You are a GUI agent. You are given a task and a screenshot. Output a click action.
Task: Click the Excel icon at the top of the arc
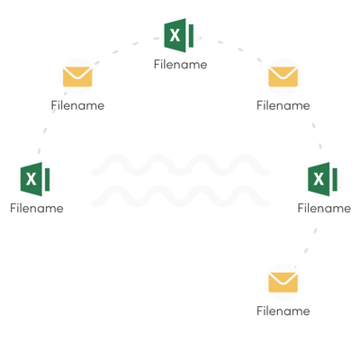(179, 35)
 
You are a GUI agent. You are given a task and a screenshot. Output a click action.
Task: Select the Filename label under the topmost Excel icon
(181, 65)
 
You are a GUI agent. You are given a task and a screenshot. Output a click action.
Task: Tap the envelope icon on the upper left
(77, 76)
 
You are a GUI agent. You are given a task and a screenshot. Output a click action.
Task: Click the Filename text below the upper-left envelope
(77, 105)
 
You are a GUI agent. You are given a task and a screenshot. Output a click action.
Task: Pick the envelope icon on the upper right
(283, 76)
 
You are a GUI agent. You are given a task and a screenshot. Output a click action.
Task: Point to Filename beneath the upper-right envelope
(283, 105)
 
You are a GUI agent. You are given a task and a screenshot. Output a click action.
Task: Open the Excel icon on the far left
(35, 179)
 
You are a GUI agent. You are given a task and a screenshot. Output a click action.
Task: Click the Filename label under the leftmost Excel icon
(37, 208)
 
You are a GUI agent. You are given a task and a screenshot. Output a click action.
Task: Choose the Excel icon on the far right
(322, 179)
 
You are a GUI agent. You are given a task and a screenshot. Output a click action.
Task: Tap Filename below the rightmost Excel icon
(324, 208)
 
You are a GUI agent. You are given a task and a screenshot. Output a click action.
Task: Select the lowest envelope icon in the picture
(283, 283)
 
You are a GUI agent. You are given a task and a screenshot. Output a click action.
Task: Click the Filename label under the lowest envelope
(283, 311)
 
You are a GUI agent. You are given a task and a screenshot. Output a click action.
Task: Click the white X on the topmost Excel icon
(175, 35)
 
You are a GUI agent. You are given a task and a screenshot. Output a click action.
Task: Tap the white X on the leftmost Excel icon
(31, 179)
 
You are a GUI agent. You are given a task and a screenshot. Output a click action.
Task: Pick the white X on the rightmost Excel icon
(319, 179)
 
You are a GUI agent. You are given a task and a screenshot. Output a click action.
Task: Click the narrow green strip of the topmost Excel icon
(191, 36)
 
